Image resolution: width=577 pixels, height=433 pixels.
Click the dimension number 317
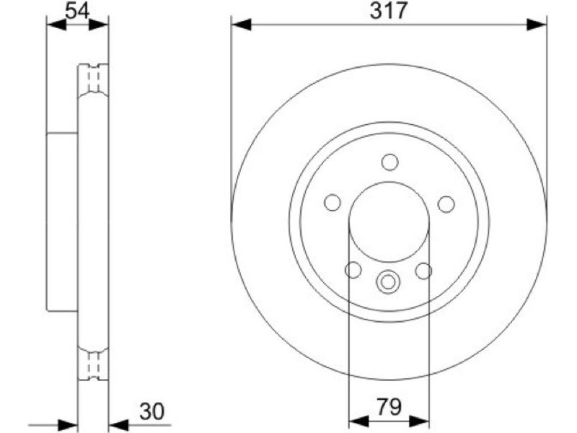tap(389, 11)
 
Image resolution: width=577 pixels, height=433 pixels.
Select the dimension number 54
tap(77, 11)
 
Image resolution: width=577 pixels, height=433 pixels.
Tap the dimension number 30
tap(151, 411)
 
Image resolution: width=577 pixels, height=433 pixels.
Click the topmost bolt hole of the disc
tap(389, 162)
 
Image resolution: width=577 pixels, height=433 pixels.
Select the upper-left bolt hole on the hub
tap(332, 203)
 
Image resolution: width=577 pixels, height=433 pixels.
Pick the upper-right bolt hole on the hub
tap(446, 204)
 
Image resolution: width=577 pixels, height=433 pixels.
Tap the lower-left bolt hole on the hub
tap(353, 270)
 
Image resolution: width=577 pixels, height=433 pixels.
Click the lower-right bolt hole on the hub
tap(423, 271)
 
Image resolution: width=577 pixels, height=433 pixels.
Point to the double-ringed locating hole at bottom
tap(388, 282)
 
